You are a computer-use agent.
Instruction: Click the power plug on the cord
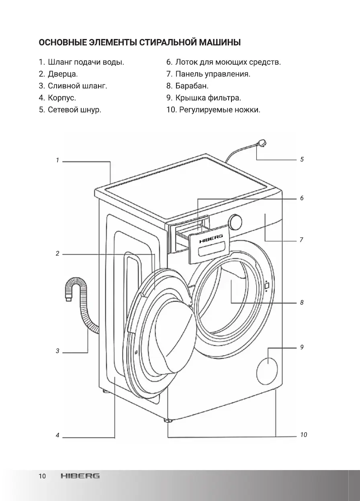tap(262, 143)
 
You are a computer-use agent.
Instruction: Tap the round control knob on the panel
tap(235, 221)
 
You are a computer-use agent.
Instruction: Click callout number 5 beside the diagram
tap(302, 160)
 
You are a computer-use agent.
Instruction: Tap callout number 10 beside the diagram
tap(303, 435)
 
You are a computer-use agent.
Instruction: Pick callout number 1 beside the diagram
tap(57, 160)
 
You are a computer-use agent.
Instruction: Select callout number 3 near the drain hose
tap(57, 351)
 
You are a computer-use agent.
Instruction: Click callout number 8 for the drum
tap(302, 303)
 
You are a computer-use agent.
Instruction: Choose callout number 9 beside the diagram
tap(302, 347)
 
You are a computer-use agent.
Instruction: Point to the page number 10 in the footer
tap(42, 476)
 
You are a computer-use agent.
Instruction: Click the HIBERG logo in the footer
tap(80, 476)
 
